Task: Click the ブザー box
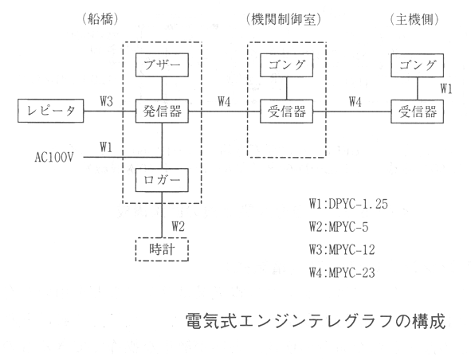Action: pos(162,65)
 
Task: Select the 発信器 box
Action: pos(162,112)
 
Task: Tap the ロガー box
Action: pos(162,180)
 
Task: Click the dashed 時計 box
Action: pos(162,249)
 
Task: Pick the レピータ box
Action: pos(50,111)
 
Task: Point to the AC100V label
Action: pos(54,157)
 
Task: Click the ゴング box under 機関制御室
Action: pos(287,65)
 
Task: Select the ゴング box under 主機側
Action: pos(418,65)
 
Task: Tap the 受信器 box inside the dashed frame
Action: pos(287,112)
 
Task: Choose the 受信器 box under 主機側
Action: pos(418,112)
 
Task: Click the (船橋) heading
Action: pos(100,20)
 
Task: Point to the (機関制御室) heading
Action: pos(283,20)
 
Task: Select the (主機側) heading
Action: pos(414,20)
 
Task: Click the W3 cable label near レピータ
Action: pos(107,101)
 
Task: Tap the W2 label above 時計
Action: pos(179,226)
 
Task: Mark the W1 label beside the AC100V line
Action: pos(106,147)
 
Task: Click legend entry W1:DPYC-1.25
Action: pos(348,204)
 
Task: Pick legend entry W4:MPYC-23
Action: pos(342,273)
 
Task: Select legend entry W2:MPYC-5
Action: pos(339,227)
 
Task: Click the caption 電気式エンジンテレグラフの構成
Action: pos(315,321)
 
